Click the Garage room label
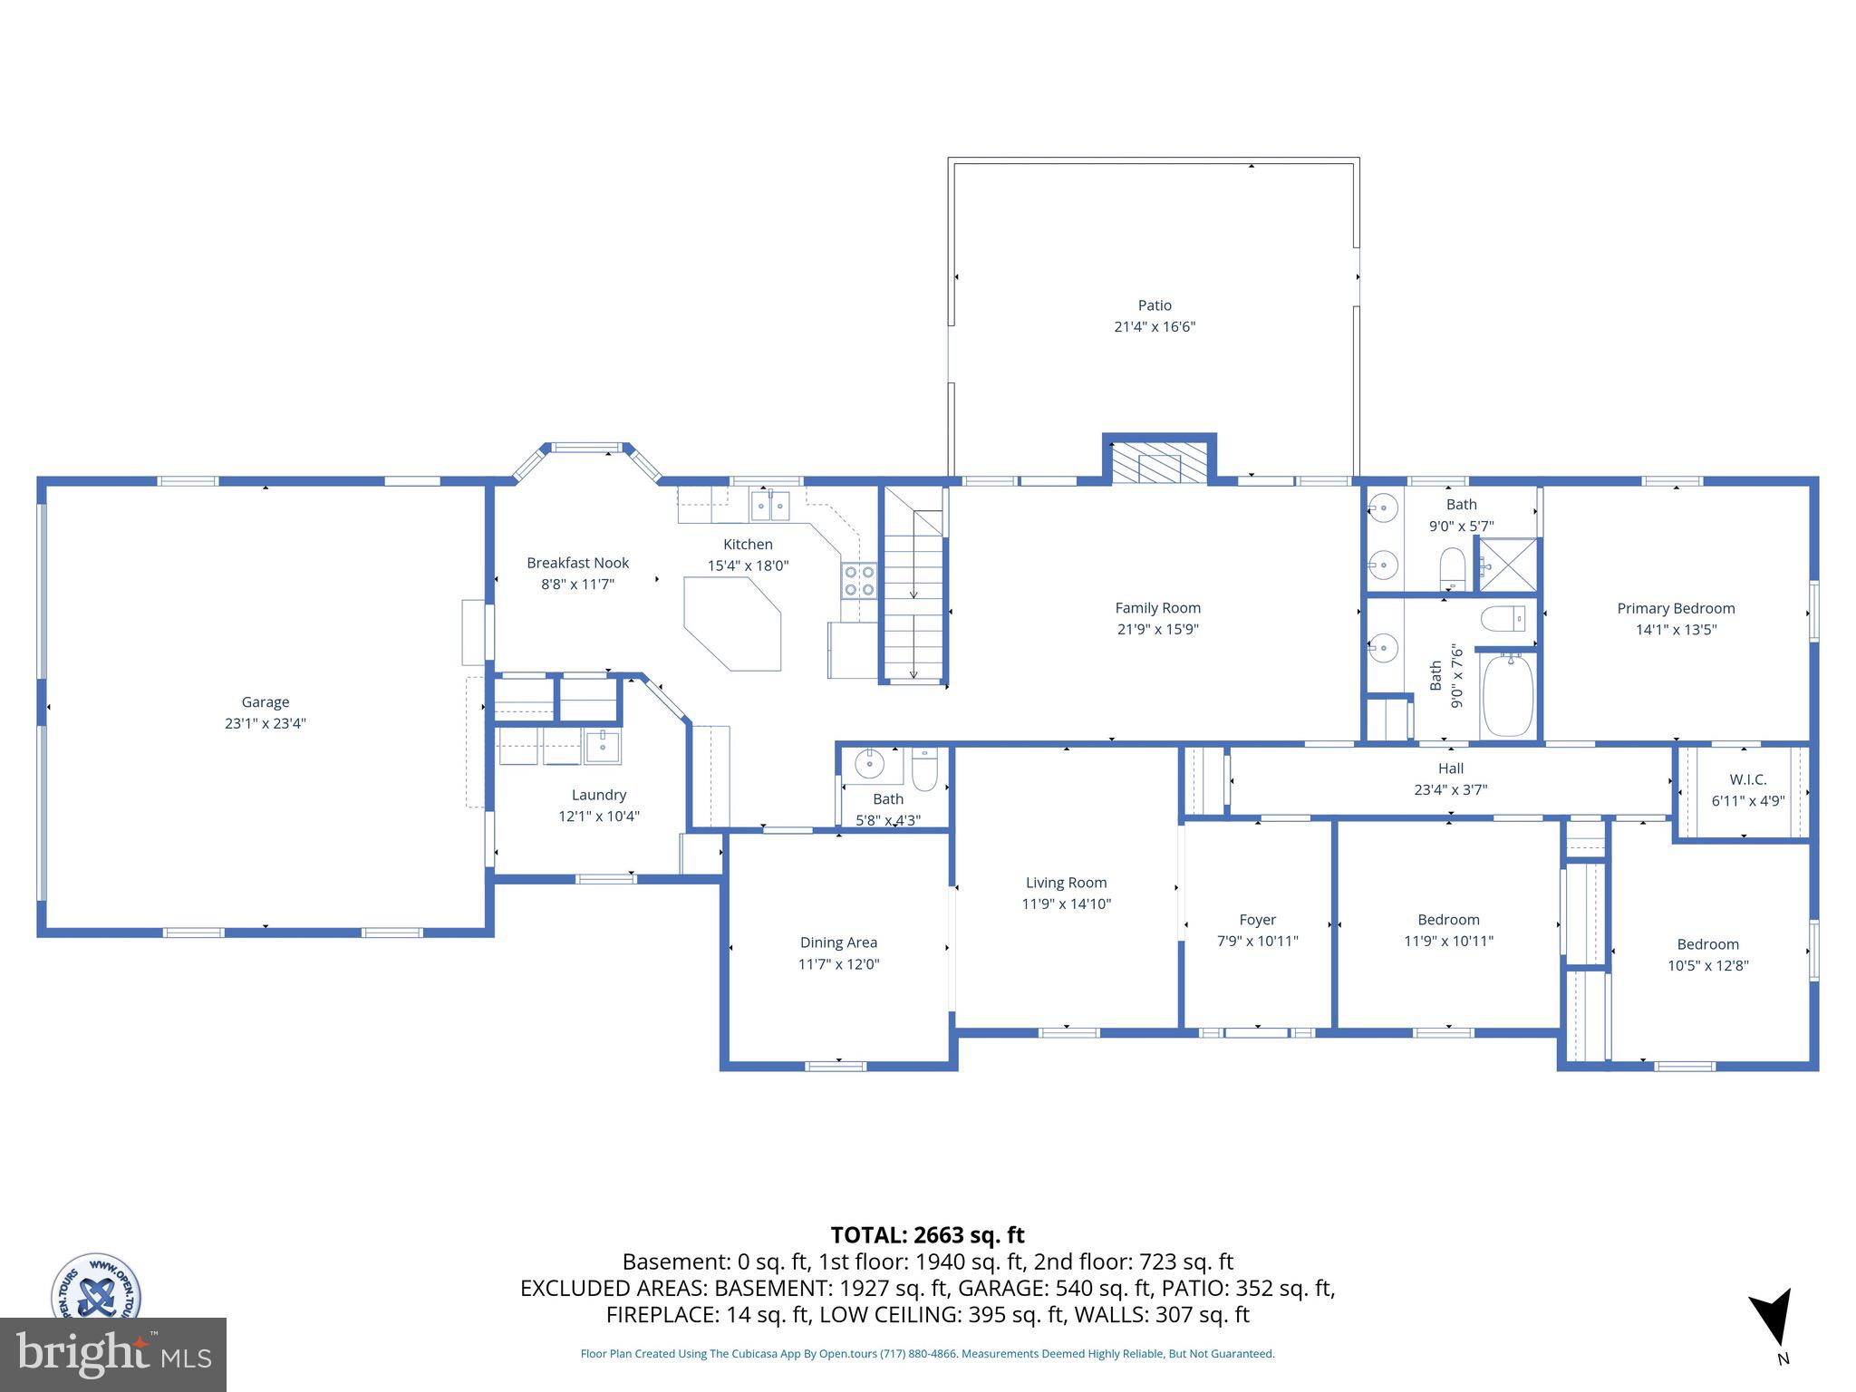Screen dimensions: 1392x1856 pyautogui.click(x=265, y=701)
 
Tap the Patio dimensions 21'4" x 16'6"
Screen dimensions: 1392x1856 pyautogui.click(x=1155, y=327)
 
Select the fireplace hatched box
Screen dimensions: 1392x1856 pyautogui.click(x=1159, y=463)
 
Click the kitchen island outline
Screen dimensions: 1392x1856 pyautogui.click(x=732, y=623)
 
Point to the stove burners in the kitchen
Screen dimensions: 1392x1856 pyautogui.click(x=859, y=580)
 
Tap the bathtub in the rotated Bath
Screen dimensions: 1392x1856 pyautogui.click(x=1507, y=696)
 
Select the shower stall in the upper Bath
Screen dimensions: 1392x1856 pyautogui.click(x=1508, y=565)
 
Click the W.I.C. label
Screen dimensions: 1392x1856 pyautogui.click(x=1747, y=779)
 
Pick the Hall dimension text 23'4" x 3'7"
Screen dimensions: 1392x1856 pyautogui.click(x=1450, y=789)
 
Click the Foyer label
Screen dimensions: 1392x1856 pyautogui.click(x=1257, y=919)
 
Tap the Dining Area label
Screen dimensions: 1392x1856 pyautogui.click(x=838, y=942)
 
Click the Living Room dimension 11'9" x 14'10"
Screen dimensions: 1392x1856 pyautogui.click(x=1066, y=904)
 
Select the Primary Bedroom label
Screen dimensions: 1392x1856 pyautogui.click(x=1676, y=608)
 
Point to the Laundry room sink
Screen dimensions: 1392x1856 pyautogui.click(x=603, y=747)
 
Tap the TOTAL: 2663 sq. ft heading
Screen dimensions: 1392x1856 pyautogui.click(x=927, y=1234)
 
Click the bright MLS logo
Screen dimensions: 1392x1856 pyautogui.click(x=112, y=1354)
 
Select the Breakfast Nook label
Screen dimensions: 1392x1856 pyautogui.click(x=577, y=563)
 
